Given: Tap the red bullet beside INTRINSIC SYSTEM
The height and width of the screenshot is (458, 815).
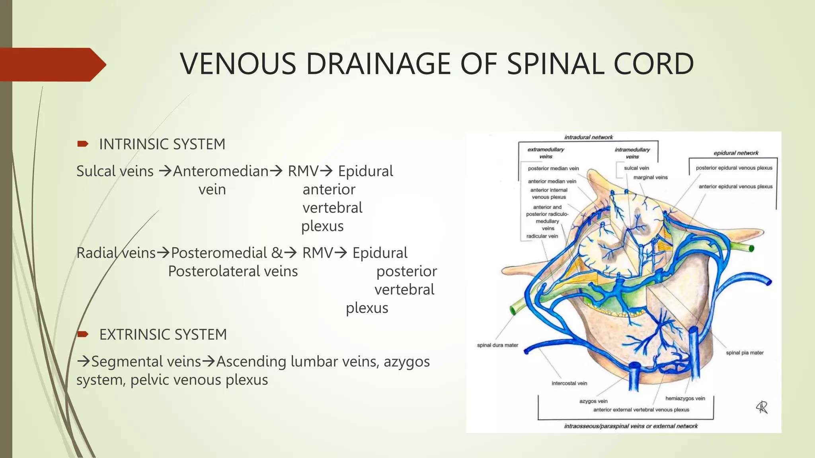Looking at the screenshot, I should tap(83, 144).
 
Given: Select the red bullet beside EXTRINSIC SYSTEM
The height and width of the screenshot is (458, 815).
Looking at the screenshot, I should tap(83, 334).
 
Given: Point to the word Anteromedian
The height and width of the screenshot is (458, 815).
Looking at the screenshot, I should tap(221, 171).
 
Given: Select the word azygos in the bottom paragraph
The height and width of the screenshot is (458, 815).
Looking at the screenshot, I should tap(406, 361).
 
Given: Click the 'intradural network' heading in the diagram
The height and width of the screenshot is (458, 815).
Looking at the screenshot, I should tap(589, 137).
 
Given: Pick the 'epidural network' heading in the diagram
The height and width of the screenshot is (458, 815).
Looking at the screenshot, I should tap(736, 153).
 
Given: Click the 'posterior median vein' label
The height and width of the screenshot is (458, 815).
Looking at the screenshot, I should tap(553, 168).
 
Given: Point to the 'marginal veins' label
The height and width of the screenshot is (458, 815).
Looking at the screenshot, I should tap(650, 177).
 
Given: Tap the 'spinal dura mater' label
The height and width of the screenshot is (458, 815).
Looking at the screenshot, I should tap(497, 345).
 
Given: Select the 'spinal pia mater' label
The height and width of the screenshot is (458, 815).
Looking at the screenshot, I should tap(745, 353).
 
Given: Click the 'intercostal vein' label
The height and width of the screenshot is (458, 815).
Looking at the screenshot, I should tap(569, 383).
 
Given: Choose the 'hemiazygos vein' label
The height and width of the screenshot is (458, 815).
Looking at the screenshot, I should tap(685, 398).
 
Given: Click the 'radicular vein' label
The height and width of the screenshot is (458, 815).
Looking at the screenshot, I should tap(542, 236).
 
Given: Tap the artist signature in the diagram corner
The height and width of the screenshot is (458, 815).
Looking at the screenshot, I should tap(762, 407).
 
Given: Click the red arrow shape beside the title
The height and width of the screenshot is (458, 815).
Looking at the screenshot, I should tap(52, 64).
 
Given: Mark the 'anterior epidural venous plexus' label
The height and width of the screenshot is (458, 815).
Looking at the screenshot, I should tap(735, 186).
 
